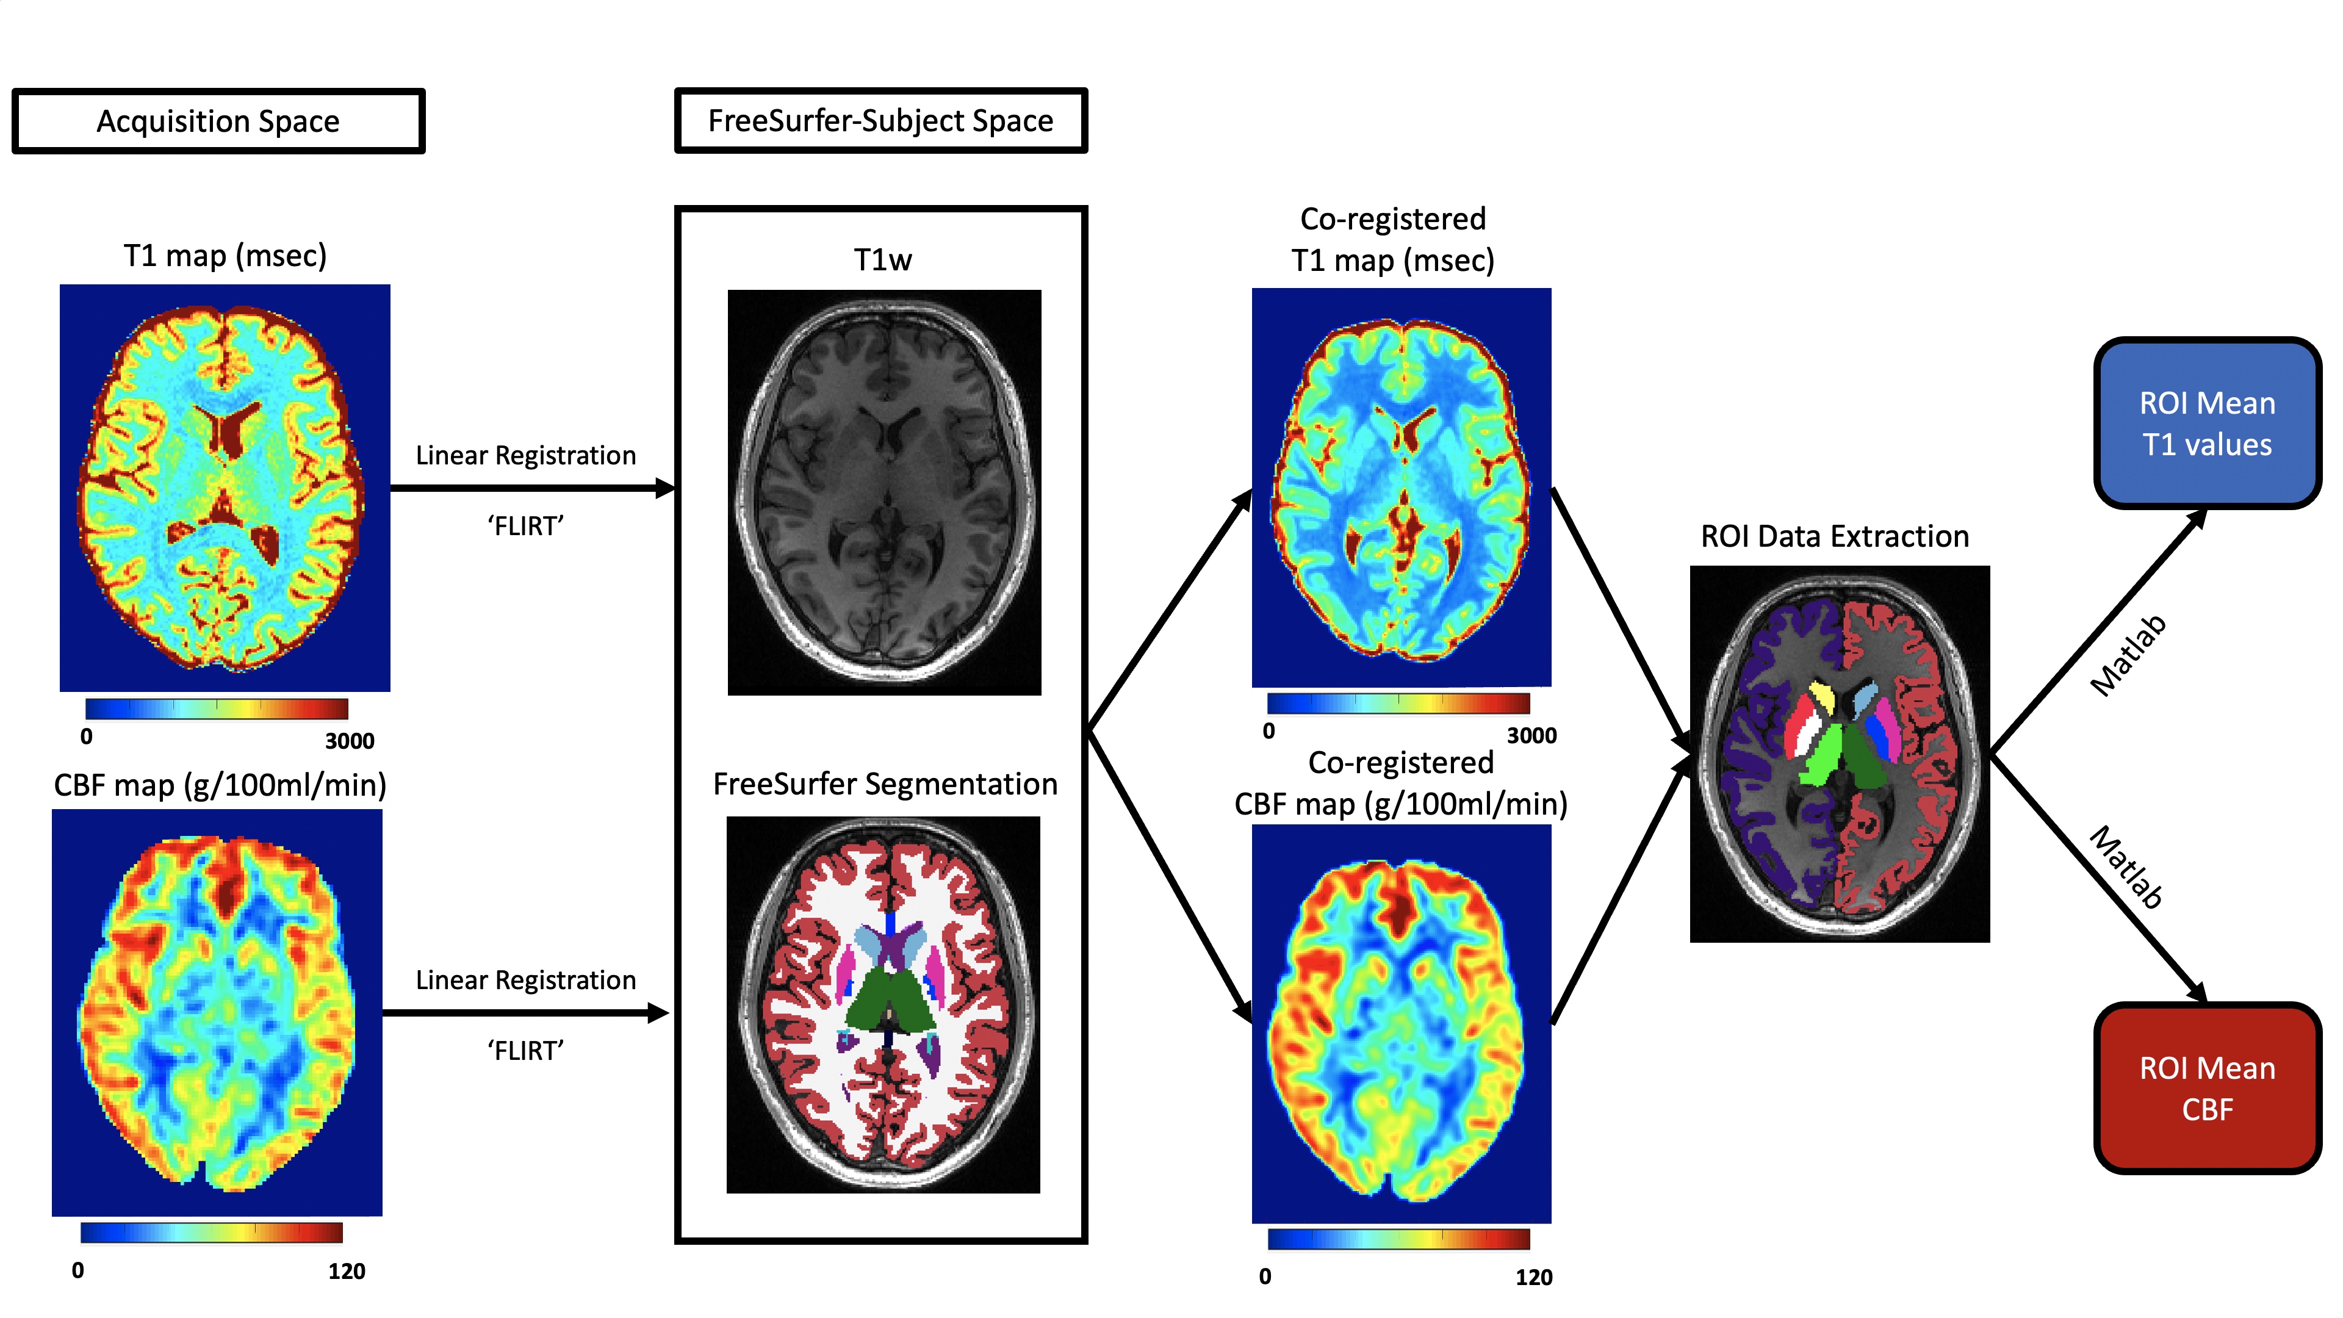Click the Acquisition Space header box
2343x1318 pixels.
(x=218, y=121)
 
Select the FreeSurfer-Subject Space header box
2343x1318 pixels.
(x=880, y=121)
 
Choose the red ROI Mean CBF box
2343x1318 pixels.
(x=2206, y=1089)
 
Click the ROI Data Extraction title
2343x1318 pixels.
(x=1835, y=537)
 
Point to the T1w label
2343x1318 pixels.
(x=882, y=260)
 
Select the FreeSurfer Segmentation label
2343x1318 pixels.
(x=884, y=784)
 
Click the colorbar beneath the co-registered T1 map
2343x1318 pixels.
(x=1398, y=703)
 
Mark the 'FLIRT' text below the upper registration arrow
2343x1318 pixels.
(x=526, y=526)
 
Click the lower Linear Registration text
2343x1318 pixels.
(x=526, y=981)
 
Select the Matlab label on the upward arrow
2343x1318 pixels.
(x=2128, y=655)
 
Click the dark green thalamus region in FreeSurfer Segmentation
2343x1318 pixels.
(x=887, y=996)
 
